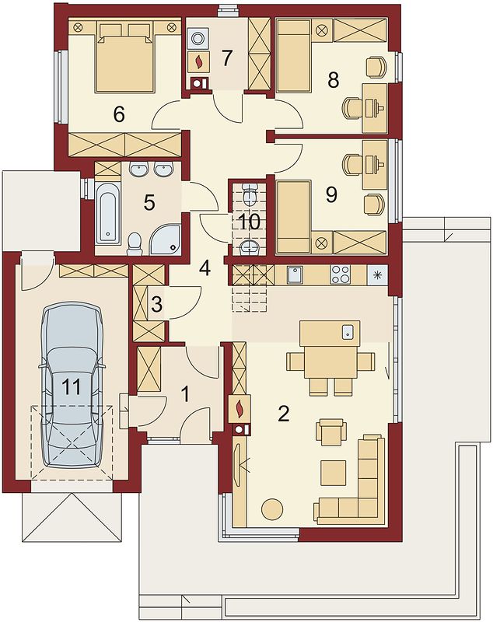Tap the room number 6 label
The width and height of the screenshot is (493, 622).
pos(119,114)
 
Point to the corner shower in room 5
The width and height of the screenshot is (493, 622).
pos(166,239)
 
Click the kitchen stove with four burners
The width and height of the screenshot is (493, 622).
pos(341,274)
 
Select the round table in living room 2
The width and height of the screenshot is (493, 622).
pos(272,508)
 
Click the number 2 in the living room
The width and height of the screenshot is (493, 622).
pos(284,414)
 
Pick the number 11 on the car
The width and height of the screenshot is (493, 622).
pos(72,386)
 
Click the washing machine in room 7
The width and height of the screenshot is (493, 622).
pos(198,38)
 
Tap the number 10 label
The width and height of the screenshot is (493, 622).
pos(250,222)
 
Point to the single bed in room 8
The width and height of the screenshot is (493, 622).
pos(293,56)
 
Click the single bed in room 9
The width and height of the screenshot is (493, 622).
pos(293,216)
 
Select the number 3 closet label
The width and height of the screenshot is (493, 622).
pos(156,305)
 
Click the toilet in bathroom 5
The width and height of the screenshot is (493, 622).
pos(135,243)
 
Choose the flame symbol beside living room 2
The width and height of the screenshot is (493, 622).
pos(240,409)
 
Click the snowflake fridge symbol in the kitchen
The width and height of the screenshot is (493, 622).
pos(377,274)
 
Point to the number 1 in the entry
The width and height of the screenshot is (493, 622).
pos(185,395)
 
